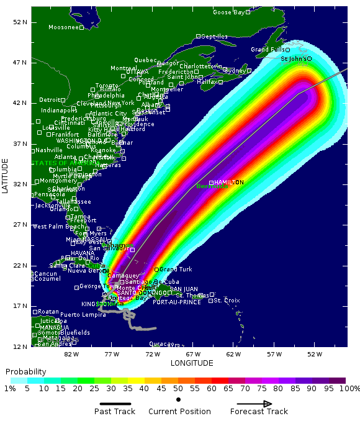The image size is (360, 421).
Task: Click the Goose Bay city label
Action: click(228, 12)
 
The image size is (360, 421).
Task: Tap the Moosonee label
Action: click(63, 27)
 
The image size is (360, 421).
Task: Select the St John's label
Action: click(293, 59)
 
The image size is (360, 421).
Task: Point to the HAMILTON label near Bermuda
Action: click(228, 182)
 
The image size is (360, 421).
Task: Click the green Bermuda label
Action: click(212, 187)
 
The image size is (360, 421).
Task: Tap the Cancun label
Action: click(45, 274)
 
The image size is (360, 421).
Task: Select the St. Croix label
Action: click(227, 301)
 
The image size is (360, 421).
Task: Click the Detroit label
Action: click(50, 99)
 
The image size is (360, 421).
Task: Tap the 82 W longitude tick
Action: click(71, 354)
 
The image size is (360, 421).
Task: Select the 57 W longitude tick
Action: click(274, 354)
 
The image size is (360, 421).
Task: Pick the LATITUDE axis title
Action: click(6, 176)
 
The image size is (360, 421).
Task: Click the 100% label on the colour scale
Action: click(349, 388)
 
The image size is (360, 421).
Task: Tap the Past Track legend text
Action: click(115, 411)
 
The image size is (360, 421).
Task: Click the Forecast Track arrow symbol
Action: click(254, 404)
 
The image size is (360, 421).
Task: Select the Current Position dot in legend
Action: click(179, 399)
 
